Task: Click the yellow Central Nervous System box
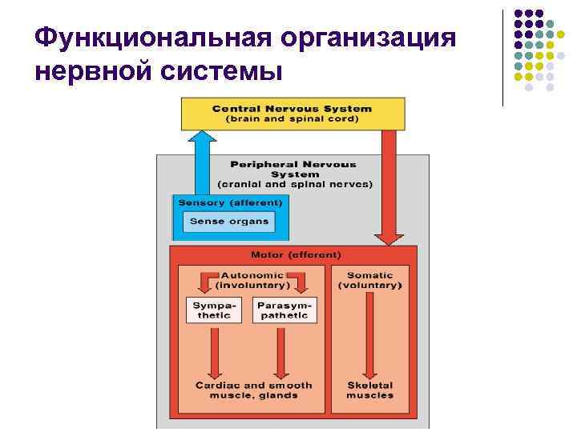(293, 114)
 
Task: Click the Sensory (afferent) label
(230, 202)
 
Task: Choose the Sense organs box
(229, 221)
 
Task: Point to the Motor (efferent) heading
(296, 255)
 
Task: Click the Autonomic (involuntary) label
(252, 280)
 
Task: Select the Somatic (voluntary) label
(369, 280)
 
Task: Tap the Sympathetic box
(214, 310)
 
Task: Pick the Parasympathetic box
(284, 310)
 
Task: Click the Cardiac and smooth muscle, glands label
(253, 390)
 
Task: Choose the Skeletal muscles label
(370, 390)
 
